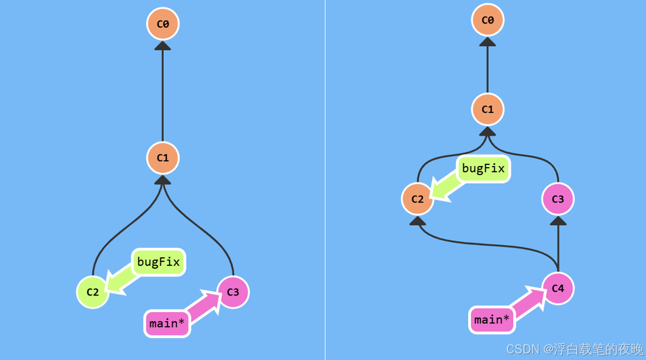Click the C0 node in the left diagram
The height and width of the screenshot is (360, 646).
tap(163, 24)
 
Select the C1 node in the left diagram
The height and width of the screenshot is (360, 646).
tap(163, 158)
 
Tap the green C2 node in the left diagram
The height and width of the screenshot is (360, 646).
tap(93, 292)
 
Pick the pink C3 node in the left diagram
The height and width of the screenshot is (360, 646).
tap(233, 292)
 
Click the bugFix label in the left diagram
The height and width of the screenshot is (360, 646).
tap(158, 262)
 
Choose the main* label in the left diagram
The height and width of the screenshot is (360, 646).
tap(167, 323)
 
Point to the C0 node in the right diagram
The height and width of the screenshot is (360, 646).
tap(488, 20)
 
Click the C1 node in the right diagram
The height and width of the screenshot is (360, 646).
tap(488, 110)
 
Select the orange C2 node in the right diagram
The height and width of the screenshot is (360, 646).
tap(418, 199)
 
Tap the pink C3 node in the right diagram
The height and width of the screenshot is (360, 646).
tap(558, 199)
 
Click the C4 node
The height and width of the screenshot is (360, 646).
tap(558, 289)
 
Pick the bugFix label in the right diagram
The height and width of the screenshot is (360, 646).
tap(483, 169)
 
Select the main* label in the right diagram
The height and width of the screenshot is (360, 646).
tap(492, 320)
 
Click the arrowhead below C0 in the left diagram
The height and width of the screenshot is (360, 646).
tap(163, 46)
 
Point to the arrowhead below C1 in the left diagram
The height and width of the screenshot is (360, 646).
tap(163, 180)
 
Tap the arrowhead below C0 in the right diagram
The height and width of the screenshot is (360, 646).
tap(488, 42)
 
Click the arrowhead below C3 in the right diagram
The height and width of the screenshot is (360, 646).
tap(558, 220)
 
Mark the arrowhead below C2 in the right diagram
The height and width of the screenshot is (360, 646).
tap(418, 220)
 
